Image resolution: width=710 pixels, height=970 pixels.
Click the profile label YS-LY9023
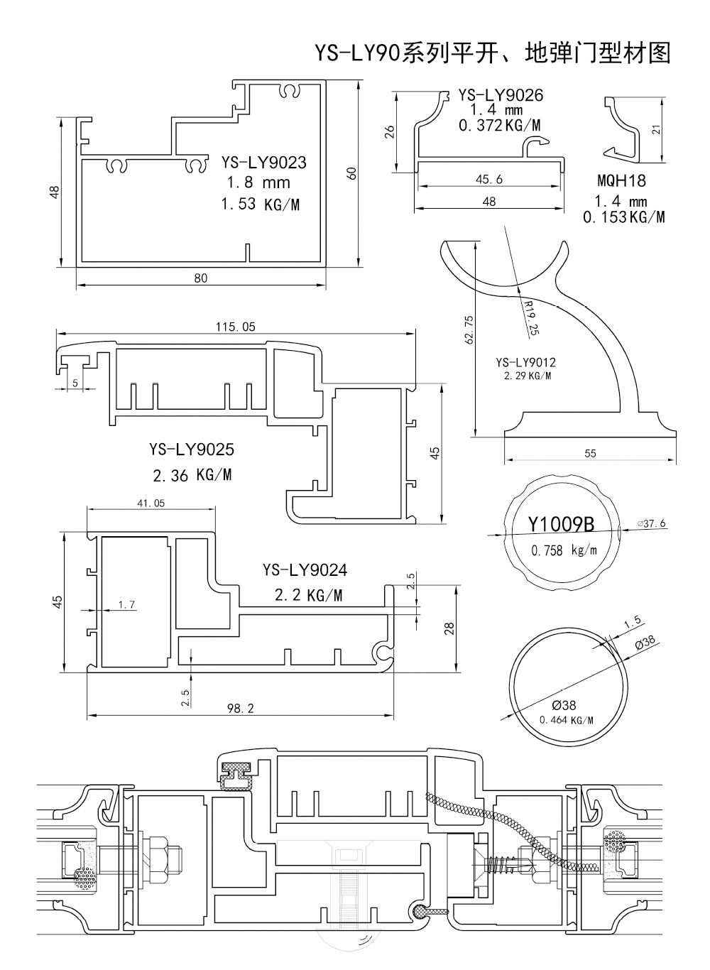pos(263,163)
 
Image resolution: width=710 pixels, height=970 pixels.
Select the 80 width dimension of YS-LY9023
pos(201,278)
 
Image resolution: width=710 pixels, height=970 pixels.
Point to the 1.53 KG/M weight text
pos(260,205)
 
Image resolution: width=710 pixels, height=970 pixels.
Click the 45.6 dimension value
pos(488,180)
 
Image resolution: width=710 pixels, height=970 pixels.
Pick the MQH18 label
pos(621,180)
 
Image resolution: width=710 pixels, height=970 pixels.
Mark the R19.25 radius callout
pos(530,317)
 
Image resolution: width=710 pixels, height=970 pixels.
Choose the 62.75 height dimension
pos(467,330)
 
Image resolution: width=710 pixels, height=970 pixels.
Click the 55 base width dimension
pos(590,454)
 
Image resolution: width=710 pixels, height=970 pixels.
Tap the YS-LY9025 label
pos(192,449)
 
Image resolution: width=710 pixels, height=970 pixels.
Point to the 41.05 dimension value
pos(150,503)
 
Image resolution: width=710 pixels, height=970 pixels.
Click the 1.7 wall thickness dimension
pos(126,605)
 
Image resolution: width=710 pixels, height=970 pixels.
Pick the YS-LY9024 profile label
pos(305,570)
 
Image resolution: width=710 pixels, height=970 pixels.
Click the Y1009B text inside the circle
pos(561,525)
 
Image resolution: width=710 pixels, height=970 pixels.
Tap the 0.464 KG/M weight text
pos(566,720)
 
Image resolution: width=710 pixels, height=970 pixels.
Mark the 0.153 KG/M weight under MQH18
pos(623,217)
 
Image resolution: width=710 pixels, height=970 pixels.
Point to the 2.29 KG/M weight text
pos(527,376)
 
